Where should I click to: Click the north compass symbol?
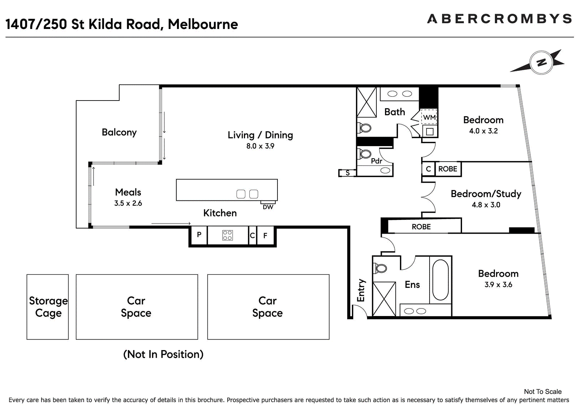pyautogui.click(x=541, y=63)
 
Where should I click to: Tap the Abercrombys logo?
pyautogui.click(x=500, y=19)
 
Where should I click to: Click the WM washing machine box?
pyautogui.click(x=429, y=117)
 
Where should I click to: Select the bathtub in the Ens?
pyautogui.click(x=440, y=280)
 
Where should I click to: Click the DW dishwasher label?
pyautogui.click(x=268, y=207)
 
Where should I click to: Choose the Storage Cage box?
pyautogui.click(x=48, y=307)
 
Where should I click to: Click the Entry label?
pyautogui.click(x=361, y=290)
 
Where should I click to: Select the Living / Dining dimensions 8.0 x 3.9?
pyautogui.click(x=260, y=146)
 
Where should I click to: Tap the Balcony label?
pyautogui.click(x=119, y=132)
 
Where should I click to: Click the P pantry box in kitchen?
pyautogui.click(x=199, y=235)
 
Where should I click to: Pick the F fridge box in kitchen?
pyautogui.click(x=265, y=235)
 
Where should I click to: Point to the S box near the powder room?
pyautogui.click(x=347, y=173)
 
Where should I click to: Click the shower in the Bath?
pyautogui.click(x=366, y=102)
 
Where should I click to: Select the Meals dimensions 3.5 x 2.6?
pyautogui.click(x=128, y=203)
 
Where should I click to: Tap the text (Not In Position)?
pyautogui.click(x=163, y=354)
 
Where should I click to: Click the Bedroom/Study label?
pyautogui.click(x=486, y=194)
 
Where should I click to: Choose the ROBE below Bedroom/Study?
pyautogui.click(x=421, y=227)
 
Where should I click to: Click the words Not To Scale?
pyautogui.click(x=543, y=392)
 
